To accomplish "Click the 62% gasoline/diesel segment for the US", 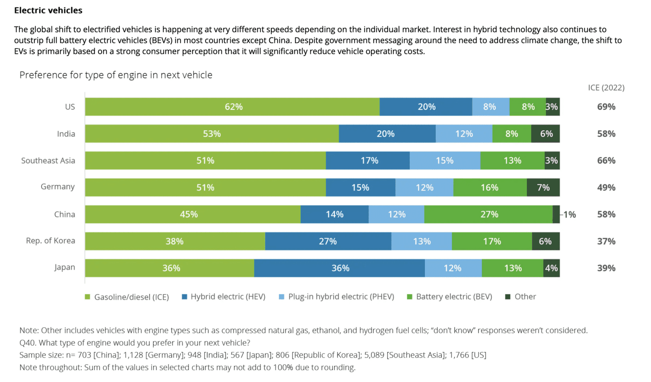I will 233,107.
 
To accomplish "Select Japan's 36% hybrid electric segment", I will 340,268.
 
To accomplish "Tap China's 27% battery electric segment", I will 489,214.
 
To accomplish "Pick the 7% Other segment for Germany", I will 543,188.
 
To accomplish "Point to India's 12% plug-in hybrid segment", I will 464,134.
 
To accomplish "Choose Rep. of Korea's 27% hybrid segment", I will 328,241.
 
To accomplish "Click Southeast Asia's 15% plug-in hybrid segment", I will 444,161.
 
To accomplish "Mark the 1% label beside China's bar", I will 569,214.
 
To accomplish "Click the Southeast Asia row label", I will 48,161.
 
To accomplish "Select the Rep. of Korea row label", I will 50,241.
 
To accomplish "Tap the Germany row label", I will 58,187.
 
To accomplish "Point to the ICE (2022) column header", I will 606,88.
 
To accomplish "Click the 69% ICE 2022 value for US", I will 606,107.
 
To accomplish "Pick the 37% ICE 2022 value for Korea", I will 606,241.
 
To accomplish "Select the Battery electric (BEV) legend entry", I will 454,297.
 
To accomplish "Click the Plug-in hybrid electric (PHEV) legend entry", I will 341,297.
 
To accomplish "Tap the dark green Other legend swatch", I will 508,297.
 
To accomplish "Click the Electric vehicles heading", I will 48,10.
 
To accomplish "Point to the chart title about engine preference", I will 116,75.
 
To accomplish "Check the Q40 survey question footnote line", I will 135,343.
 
